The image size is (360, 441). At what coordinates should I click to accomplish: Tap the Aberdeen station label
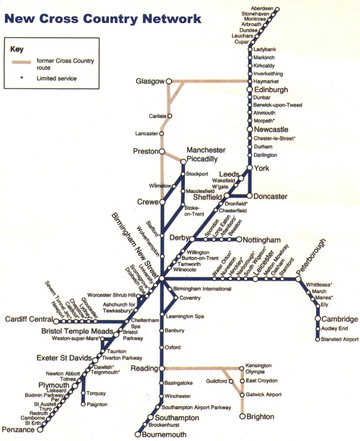tap(262, 8)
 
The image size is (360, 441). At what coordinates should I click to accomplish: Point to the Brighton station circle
tap(242, 416)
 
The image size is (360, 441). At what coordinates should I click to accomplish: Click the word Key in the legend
tap(17, 50)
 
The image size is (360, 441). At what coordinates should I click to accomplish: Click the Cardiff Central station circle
tap(56, 322)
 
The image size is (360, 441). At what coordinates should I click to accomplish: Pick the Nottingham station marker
tap(239, 239)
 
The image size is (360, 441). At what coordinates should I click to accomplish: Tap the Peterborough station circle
tap(299, 279)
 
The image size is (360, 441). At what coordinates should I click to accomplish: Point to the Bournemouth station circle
tap(138, 435)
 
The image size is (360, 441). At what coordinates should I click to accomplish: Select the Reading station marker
tap(161, 368)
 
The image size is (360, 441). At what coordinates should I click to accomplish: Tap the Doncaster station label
tap(271, 197)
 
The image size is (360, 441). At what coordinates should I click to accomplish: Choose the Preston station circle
tap(162, 152)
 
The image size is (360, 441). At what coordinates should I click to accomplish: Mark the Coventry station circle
tap(176, 298)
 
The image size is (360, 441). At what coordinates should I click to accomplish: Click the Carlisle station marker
tap(170, 116)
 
